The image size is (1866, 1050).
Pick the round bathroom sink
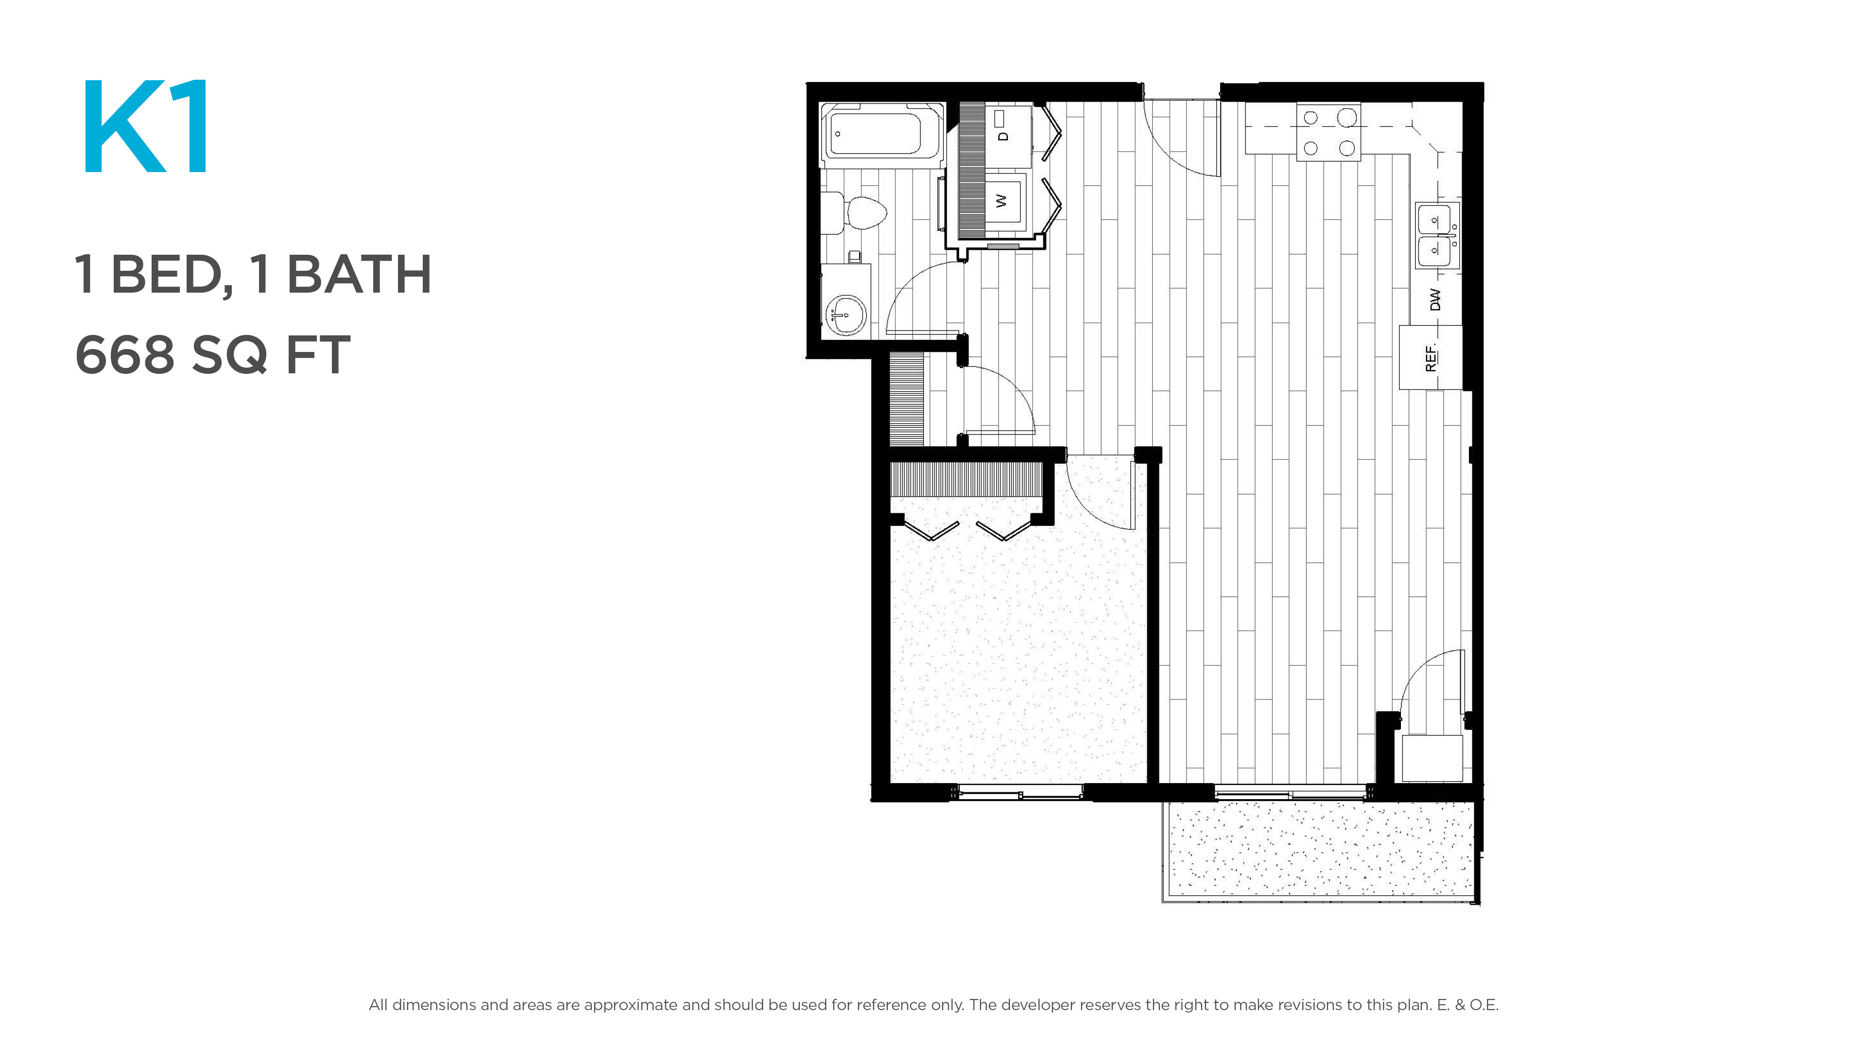pyautogui.click(x=846, y=315)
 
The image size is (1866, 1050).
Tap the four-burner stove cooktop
pyautogui.click(x=1329, y=132)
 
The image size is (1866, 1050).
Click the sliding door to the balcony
pyautogui.click(x=1291, y=793)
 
